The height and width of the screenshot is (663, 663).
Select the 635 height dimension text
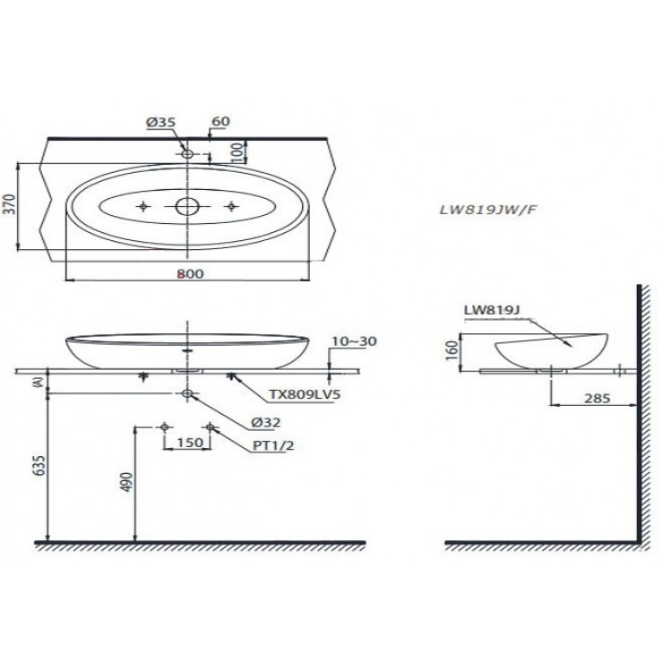pos(37,467)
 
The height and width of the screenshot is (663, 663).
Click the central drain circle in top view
pos(187,207)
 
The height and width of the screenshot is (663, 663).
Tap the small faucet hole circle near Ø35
pos(187,154)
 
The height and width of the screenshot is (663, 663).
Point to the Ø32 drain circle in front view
pos(187,393)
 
